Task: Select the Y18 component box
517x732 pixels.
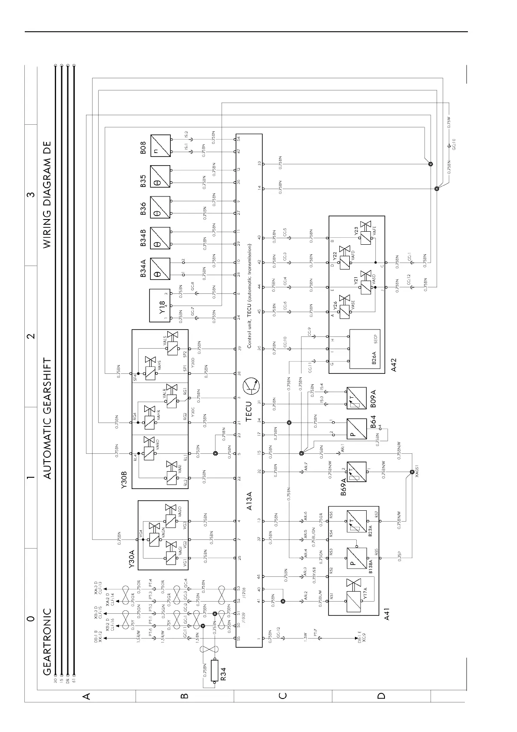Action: (x=159, y=306)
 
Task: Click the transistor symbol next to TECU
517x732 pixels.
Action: (x=252, y=385)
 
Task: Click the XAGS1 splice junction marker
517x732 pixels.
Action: (x=412, y=472)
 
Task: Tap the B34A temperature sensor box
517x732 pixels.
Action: (x=160, y=268)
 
